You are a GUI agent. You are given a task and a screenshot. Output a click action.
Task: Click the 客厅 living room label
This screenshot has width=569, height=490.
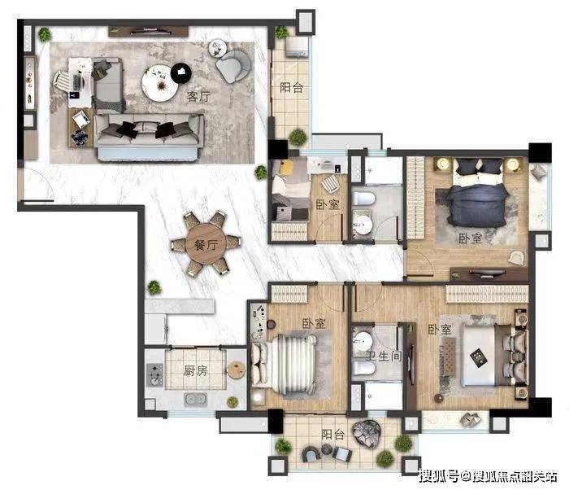click(x=198, y=96)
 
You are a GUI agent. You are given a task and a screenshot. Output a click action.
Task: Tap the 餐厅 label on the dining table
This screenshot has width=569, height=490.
click(x=206, y=245)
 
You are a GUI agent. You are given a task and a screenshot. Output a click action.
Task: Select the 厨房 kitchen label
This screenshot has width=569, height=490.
click(x=195, y=370)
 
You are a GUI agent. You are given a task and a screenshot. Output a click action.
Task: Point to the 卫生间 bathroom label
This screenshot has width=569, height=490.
click(x=383, y=357)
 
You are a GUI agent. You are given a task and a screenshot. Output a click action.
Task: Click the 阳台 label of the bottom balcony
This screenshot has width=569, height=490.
click(x=333, y=435)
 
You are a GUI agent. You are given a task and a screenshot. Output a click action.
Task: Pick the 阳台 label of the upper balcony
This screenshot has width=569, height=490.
click(x=291, y=87)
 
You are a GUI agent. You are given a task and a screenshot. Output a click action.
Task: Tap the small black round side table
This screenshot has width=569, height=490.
click(x=181, y=72)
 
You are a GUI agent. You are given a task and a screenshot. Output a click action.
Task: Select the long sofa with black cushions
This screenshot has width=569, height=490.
click(x=149, y=136)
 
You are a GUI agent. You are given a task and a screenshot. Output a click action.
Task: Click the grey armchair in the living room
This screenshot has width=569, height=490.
click(x=233, y=65)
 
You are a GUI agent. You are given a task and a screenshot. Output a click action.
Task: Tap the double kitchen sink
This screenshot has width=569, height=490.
click(x=196, y=399)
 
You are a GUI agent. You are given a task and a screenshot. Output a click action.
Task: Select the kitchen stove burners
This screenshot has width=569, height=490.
click(x=155, y=374)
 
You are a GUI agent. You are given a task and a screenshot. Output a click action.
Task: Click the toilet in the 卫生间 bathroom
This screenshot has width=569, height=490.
click(x=363, y=368)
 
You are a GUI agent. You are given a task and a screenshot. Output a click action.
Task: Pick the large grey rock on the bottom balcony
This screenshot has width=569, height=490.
click(x=367, y=434)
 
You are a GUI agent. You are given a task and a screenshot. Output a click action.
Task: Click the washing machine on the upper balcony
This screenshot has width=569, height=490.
click(x=297, y=47)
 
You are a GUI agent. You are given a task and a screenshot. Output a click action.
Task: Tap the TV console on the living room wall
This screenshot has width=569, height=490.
click(x=149, y=32)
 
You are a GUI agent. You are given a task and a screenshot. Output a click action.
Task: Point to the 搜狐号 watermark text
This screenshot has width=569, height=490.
click(x=439, y=476)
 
